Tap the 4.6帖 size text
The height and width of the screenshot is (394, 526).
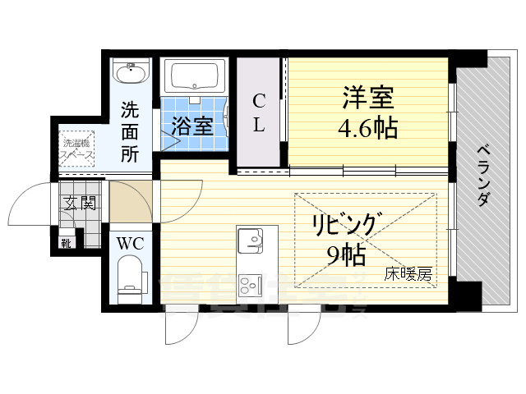tap(368, 128)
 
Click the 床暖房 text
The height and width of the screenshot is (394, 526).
tap(408, 275)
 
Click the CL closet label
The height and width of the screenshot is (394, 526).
tap(259, 113)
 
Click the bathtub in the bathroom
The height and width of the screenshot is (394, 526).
tap(196, 78)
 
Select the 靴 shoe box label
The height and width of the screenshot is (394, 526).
tap(66, 243)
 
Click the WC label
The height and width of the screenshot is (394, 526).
tap(130, 244)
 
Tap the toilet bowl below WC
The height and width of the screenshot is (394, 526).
tap(131, 275)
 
